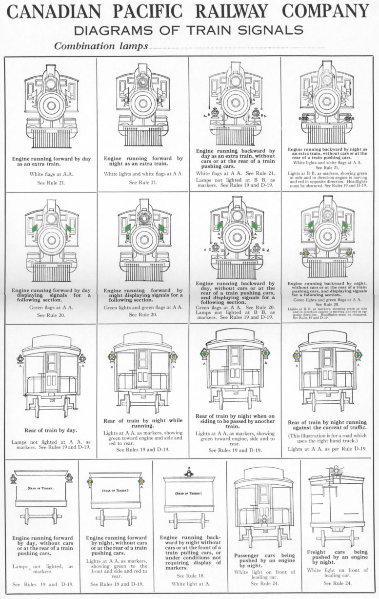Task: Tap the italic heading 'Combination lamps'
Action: pyautogui.click(x=101, y=46)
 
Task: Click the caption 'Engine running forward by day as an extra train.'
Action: pyautogui.click(x=51, y=162)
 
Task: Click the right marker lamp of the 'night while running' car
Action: pyautogui.click(x=172, y=357)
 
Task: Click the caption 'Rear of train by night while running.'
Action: pyautogui.click(x=142, y=423)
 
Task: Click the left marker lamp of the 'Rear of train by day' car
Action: pyautogui.click(x=20, y=359)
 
